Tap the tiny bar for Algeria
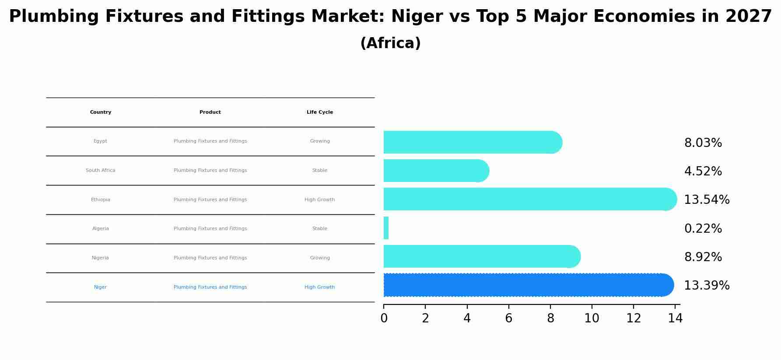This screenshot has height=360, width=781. pos(386,228)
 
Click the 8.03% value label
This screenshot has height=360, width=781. pos(703,143)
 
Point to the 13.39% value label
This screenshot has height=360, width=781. pos(706,286)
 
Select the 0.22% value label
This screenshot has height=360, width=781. pos(703,229)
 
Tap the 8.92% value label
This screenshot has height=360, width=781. pos(703,257)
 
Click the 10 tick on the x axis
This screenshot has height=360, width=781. pos(592,318)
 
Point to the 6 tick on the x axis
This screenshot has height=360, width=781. pos(508,318)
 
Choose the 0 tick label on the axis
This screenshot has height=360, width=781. pos(384,318)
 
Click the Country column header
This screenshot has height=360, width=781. pos(101,112)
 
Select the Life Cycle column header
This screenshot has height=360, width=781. pos(319,112)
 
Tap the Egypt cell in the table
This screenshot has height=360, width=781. pos(100,141)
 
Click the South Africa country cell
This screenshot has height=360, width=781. pos(100,171)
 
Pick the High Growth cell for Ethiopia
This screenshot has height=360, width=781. pos(319,200)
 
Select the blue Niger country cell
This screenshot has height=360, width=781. pos(100,287)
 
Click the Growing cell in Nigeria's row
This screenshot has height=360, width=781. pos(319,258)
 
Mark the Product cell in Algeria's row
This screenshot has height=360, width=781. pos(210,229)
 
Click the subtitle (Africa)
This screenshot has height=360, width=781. pos(390,43)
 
